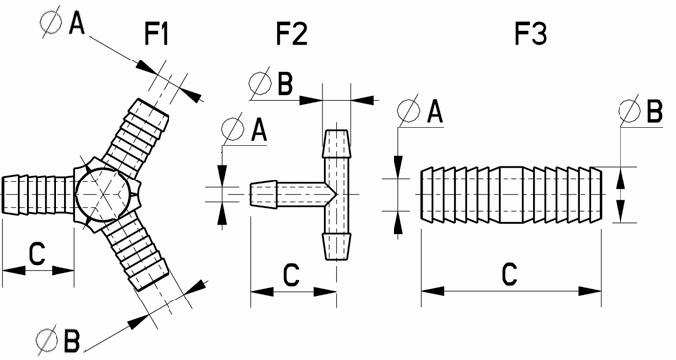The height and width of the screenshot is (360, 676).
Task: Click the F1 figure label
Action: point(156,34)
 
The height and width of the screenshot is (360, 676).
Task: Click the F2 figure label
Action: point(291,34)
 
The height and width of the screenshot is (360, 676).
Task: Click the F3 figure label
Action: point(531,34)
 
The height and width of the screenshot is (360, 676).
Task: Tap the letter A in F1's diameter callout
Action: point(77,23)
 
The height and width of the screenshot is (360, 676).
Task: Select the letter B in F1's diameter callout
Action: point(72,340)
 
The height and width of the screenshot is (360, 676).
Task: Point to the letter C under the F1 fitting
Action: point(37,254)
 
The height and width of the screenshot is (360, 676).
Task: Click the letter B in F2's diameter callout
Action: point(285,83)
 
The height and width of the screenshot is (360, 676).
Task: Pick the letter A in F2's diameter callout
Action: point(259,130)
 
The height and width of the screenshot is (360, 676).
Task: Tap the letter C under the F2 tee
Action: point(291,275)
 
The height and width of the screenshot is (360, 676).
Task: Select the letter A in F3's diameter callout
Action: point(434,112)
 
